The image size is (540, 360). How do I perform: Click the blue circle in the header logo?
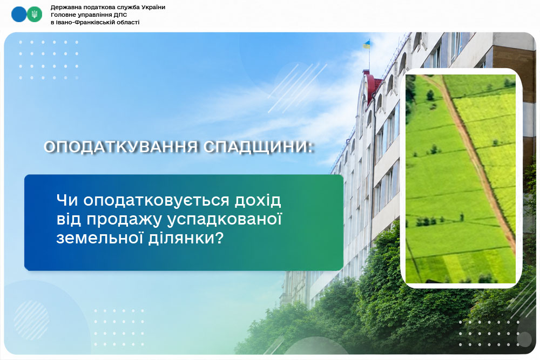(x=19, y=14)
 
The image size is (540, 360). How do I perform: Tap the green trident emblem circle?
(x=35, y=14)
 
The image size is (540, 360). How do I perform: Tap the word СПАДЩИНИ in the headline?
(x=258, y=147)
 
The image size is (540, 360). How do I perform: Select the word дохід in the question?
(x=258, y=200)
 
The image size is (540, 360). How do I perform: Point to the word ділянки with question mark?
(x=186, y=238)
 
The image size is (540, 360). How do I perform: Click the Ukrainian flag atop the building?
(x=367, y=44)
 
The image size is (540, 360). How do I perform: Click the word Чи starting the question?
(x=67, y=201)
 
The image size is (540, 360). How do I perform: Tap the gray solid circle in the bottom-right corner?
(x=524, y=339)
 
